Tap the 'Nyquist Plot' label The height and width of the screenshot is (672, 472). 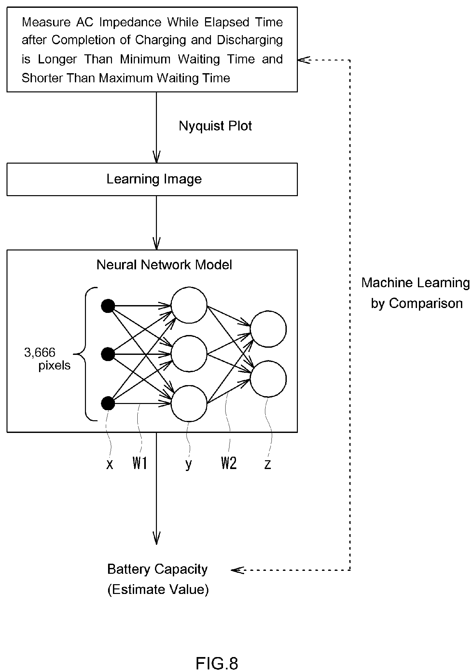[215, 126]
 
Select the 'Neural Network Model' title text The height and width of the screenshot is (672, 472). [164, 265]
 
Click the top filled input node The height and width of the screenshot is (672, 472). [108, 306]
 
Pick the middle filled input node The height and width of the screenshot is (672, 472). [108, 354]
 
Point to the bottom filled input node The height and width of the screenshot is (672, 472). [108, 404]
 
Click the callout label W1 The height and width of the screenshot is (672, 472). [140, 464]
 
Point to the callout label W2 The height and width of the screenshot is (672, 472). [229, 464]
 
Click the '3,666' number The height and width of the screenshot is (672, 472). [40, 353]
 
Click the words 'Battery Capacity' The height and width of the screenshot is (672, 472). [157, 569]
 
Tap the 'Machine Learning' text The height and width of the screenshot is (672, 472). [415, 283]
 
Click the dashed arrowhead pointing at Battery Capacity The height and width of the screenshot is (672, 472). [237, 570]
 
